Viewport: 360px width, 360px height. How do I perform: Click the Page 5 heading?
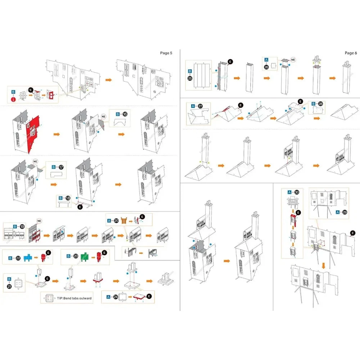tap(166, 53)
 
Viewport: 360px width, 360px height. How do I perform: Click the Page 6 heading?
tap(351, 53)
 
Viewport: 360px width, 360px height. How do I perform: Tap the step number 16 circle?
tap(125, 114)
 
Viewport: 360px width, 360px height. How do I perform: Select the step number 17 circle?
tap(61, 167)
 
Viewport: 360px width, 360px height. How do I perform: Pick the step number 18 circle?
tap(68, 198)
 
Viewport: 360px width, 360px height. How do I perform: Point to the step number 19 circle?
tap(22, 226)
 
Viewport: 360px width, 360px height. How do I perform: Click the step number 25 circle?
tap(190, 78)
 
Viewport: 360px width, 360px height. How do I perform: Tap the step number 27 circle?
tap(200, 106)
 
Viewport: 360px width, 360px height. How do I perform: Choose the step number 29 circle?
tap(345, 212)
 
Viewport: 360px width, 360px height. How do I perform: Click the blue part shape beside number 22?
tap(28, 258)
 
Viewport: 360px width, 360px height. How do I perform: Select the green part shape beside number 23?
tap(85, 257)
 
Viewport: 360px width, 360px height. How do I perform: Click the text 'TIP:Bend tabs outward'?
tap(74, 298)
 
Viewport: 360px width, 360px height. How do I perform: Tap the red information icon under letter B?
tap(14, 99)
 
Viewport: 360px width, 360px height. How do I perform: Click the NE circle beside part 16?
tap(103, 116)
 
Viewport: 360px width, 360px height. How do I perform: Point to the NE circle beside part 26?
tap(293, 60)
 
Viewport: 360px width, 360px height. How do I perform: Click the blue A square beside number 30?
tap(289, 192)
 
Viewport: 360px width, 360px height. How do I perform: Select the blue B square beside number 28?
tap(314, 104)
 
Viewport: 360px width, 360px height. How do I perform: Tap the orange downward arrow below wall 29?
tap(324, 266)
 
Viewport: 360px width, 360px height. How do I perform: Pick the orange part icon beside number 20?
tap(124, 221)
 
